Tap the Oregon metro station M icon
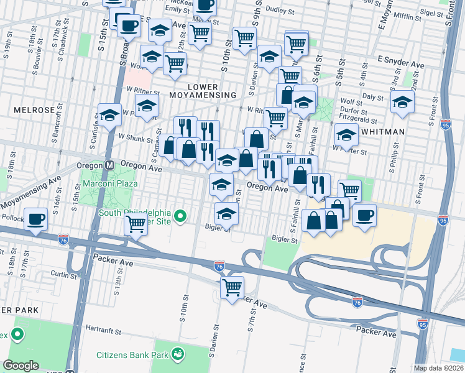click(x=109, y=166)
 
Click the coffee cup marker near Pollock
click(x=37, y=219)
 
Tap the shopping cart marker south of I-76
click(x=233, y=287)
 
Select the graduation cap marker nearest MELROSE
click(x=109, y=115)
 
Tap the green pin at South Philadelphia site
click(x=180, y=216)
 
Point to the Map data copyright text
click(x=438, y=368)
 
